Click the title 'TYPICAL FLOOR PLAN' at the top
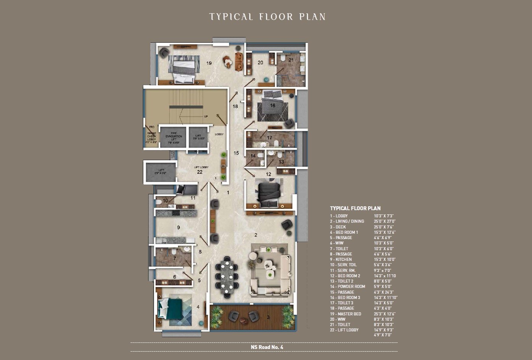coord(267,17)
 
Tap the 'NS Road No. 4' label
coord(267,347)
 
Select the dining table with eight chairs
coord(227,276)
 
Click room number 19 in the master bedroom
coord(209,63)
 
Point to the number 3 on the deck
coord(268,317)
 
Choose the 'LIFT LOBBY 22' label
coord(201,170)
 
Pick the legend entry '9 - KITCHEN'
coord(341,259)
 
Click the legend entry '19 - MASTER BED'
coord(345,314)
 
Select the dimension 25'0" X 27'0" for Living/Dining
coord(384,221)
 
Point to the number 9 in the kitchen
coord(178,228)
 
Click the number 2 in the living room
coord(256,235)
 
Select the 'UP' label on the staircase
coord(206,116)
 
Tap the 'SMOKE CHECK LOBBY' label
coord(152,137)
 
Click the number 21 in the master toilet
coord(291,60)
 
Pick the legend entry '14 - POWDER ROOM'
coord(347,286)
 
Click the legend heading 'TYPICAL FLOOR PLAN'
coord(355,208)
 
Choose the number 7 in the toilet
coord(174,259)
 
